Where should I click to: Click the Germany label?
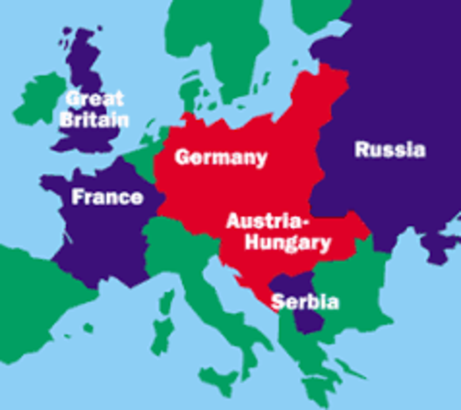pyautogui.click(x=221, y=158)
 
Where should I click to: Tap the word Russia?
pyautogui.click(x=389, y=150)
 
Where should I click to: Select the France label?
pyautogui.click(x=107, y=196)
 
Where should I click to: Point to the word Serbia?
pyautogui.click(x=305, y=302)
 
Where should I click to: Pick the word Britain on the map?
pyautogui.click(x=94, y=119)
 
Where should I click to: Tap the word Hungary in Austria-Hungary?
pyautogui.click(x=287, y=243)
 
